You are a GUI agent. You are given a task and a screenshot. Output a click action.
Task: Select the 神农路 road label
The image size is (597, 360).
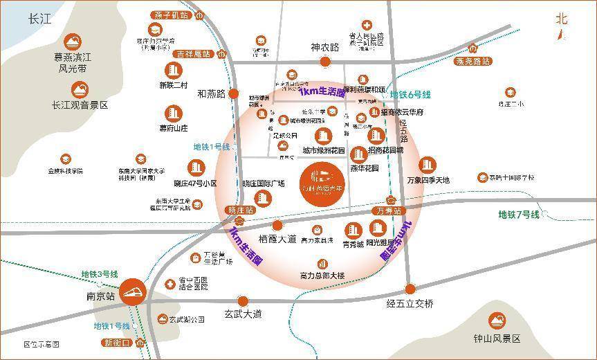pos(325,48)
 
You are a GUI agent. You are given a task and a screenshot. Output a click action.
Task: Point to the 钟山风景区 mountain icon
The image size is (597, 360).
pos(497,320)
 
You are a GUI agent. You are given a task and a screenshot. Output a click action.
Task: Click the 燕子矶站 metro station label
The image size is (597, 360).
pos(171,15)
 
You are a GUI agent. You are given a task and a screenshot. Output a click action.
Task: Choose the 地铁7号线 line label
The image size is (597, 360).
pos(519,215)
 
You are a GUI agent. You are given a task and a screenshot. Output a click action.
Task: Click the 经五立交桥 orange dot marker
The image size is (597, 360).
pos(410,289)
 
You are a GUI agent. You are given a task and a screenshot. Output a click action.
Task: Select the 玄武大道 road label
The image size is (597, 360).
pos(243,314)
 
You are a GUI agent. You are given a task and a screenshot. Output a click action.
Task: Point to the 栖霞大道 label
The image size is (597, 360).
pos(277,239)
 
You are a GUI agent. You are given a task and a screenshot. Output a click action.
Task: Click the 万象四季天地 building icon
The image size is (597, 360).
pos(428,165)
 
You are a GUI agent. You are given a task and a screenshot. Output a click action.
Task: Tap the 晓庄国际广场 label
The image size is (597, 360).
pos(264,183)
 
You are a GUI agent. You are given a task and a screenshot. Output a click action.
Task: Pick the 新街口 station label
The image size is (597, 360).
pos(118,343)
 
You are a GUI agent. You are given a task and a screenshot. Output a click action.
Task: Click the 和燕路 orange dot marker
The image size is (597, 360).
pos(234,93)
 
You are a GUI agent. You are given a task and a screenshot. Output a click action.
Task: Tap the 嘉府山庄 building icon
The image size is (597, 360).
pos(173,113)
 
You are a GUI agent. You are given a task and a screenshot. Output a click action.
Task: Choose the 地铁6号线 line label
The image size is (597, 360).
pos(410,94)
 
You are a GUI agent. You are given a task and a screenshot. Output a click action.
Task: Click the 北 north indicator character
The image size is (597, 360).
pos(561,19)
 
